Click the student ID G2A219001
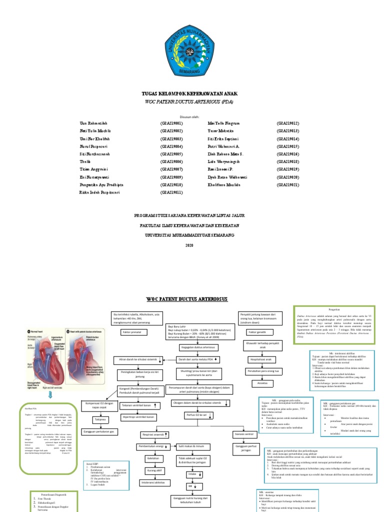(171, 122)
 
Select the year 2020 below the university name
(188, 245)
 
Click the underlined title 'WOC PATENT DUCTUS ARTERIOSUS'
(186, 298)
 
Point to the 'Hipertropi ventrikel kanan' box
(138, 416)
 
